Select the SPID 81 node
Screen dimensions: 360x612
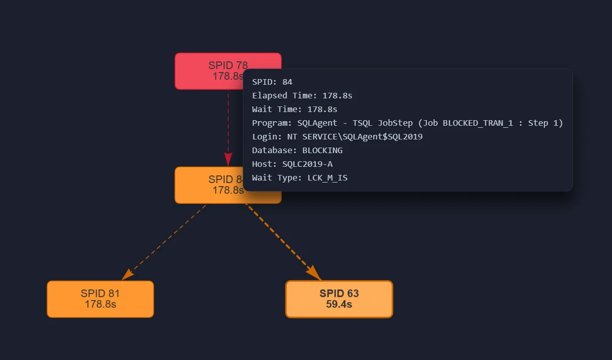click(x=100, y=299)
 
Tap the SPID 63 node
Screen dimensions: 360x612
click(x=339, y=299)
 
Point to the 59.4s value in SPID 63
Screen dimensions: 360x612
click(x=339, y=305)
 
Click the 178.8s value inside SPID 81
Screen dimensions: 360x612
click(x=100, y=305)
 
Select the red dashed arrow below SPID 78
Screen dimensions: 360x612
click(x=228, y=122)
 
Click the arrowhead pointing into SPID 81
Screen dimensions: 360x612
click(x=127, y=274)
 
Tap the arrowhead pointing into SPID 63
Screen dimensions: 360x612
click(x=314, y=273)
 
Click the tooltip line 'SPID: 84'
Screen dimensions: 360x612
click(x=272, y=82)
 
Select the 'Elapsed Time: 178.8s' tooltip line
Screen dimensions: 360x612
click(x=302, y=96)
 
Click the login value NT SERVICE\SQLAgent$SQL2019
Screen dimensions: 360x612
click(x=362, y=137)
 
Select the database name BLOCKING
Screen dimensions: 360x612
click(x=322, y=151)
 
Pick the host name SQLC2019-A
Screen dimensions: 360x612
click(x=307, y=164)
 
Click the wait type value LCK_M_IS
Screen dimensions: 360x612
click(x=327, y=178)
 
